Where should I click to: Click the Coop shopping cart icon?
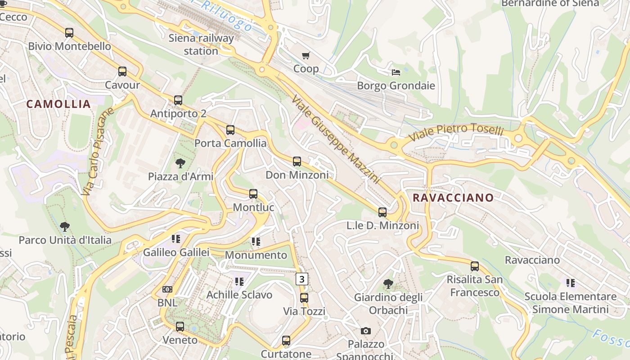(306, 55)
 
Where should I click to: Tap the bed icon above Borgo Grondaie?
(396, 72)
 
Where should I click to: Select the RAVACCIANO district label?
(453, 198)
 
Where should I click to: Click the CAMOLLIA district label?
(58, 104)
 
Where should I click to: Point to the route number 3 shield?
(302, 279)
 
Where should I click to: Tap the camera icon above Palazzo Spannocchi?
(366, 331)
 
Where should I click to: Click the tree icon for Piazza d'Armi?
(180, 163)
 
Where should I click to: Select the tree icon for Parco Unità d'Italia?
(65, 226)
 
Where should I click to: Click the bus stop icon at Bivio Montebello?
(69, 33)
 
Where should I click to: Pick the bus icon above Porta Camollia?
(230, 130)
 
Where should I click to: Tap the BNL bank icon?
(167, 289)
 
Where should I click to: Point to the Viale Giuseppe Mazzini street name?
(336, 139)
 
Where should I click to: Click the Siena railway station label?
(201, 44)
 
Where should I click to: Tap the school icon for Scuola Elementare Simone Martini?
(570, 283)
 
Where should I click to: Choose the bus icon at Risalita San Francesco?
(475, 266)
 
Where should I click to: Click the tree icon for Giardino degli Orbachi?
(388, 284)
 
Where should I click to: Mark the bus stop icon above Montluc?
(253, 194)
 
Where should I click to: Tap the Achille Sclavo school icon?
(239, 282)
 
